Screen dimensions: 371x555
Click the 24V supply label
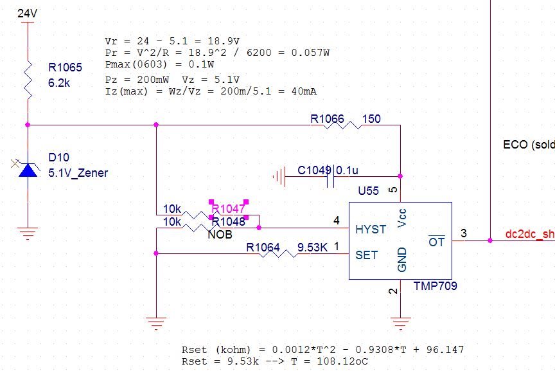26,13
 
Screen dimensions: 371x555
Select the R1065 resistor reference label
66,67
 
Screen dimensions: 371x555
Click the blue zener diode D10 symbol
27,170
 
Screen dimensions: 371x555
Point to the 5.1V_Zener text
78,172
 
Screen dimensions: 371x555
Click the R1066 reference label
327,119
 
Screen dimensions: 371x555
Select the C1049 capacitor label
314,170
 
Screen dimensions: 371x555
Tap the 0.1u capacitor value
347,170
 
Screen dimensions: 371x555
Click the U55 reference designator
368,191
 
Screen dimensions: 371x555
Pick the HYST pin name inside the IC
371,230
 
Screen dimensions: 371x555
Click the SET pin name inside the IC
366,255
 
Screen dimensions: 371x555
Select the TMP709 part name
435,285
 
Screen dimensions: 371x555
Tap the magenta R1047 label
228,209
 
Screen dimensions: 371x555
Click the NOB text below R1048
220,235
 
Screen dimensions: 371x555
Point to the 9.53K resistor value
312,248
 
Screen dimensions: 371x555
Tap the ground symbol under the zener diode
27,233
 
